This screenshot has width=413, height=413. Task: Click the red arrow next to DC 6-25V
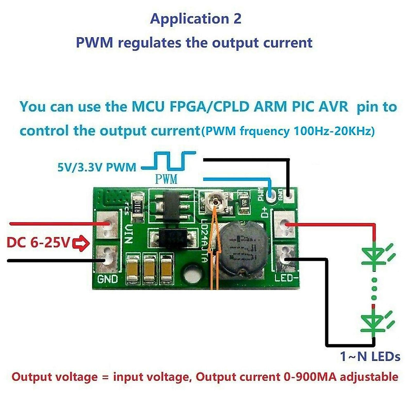click(82, 244)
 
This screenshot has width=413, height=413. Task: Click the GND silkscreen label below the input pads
click(107, 279)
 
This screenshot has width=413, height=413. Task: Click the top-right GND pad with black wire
click(289, 195)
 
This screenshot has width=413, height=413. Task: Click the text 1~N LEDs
click(370, 357)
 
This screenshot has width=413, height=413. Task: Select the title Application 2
click(195, 19)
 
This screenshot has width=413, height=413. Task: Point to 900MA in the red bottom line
click(312, 377)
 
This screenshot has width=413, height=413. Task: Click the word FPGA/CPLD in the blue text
click(209, 107)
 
